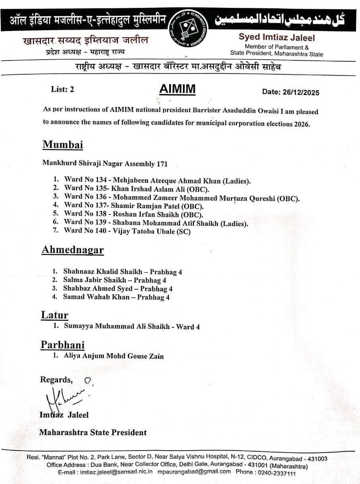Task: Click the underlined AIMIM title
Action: point(177,89)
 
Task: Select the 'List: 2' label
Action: point(62,89)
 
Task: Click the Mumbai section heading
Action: point(63,144)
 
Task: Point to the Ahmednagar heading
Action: point(72,250)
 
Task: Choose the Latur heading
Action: point(55,315)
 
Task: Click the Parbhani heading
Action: point(63,345)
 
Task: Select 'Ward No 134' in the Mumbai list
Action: point(85,180)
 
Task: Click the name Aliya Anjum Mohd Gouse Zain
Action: point(114,356)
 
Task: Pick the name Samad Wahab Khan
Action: point(96,297)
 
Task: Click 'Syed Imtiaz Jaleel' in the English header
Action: point(277,38)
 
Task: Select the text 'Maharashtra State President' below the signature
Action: point(93,432)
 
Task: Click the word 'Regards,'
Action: point(56,380)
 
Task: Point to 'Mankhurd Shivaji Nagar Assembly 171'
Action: point(105,163)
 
